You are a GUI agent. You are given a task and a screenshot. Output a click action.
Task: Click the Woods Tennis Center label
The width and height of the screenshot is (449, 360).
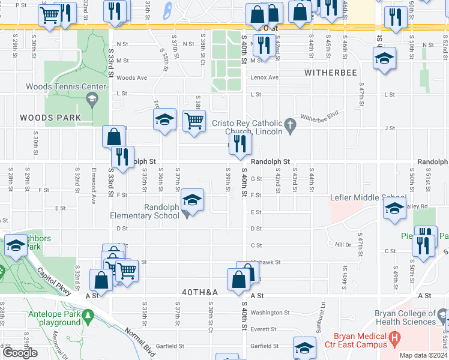[x=65, y=86]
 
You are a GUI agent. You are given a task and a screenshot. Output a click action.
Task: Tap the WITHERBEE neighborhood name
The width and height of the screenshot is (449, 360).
[x=330, y=73]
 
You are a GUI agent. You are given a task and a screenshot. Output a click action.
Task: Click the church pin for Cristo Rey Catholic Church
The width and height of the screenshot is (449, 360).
[x=291, y=125]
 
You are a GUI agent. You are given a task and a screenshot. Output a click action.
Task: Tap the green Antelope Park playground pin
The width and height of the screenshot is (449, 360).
[x=88, y=314]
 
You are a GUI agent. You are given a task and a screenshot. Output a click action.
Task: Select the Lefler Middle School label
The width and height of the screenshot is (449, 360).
[x=367, y=197]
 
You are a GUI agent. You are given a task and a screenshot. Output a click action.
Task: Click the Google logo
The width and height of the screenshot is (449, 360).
[x=20, y=353]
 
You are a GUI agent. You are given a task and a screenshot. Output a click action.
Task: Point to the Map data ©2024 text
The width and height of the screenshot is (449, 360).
[x=423, y=355]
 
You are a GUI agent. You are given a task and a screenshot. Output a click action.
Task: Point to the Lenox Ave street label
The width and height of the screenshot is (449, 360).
[x=265, y=77]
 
